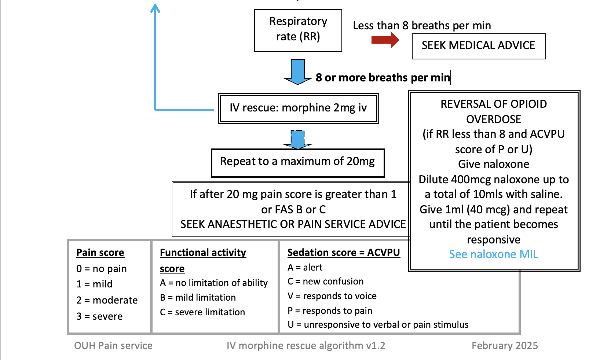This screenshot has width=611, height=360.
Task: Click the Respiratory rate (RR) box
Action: click(x=298, y=30)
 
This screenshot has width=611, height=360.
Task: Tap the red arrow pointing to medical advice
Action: click(x=385, y=40)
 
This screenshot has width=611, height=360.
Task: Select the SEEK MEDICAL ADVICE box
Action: click(x=478, y=46)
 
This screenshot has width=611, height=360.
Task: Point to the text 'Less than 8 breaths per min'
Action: click(x=422, y=26)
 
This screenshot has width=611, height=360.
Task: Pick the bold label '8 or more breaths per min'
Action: click(x=383, y=78)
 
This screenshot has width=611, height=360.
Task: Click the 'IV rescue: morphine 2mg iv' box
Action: click(x=298, y=108)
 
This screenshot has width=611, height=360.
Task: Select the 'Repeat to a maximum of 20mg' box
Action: click(x=297, y=162)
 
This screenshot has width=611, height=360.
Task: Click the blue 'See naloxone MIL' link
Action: click(x=493, y=254)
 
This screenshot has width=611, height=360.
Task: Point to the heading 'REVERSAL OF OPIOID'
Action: click(x=493, y=104)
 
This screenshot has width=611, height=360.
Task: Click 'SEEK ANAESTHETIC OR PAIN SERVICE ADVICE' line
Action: click(x=293, y=224)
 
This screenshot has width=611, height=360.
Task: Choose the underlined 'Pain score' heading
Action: click(x=100, y=253)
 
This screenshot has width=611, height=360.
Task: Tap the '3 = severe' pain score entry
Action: click(x=99, y=316)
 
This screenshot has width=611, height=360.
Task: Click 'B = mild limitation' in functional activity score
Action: click(x=198, y=298)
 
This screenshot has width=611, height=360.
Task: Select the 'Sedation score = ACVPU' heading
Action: click(x=343, y=253)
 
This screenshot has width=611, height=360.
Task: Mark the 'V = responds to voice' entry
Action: click(x=332, y=296)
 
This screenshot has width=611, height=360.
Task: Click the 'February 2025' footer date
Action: click(x=505, y=346)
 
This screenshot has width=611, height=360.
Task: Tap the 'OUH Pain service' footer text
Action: click(x=113, y=346)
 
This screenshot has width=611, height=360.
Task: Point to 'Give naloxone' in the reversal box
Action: click(x=493, y=164)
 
